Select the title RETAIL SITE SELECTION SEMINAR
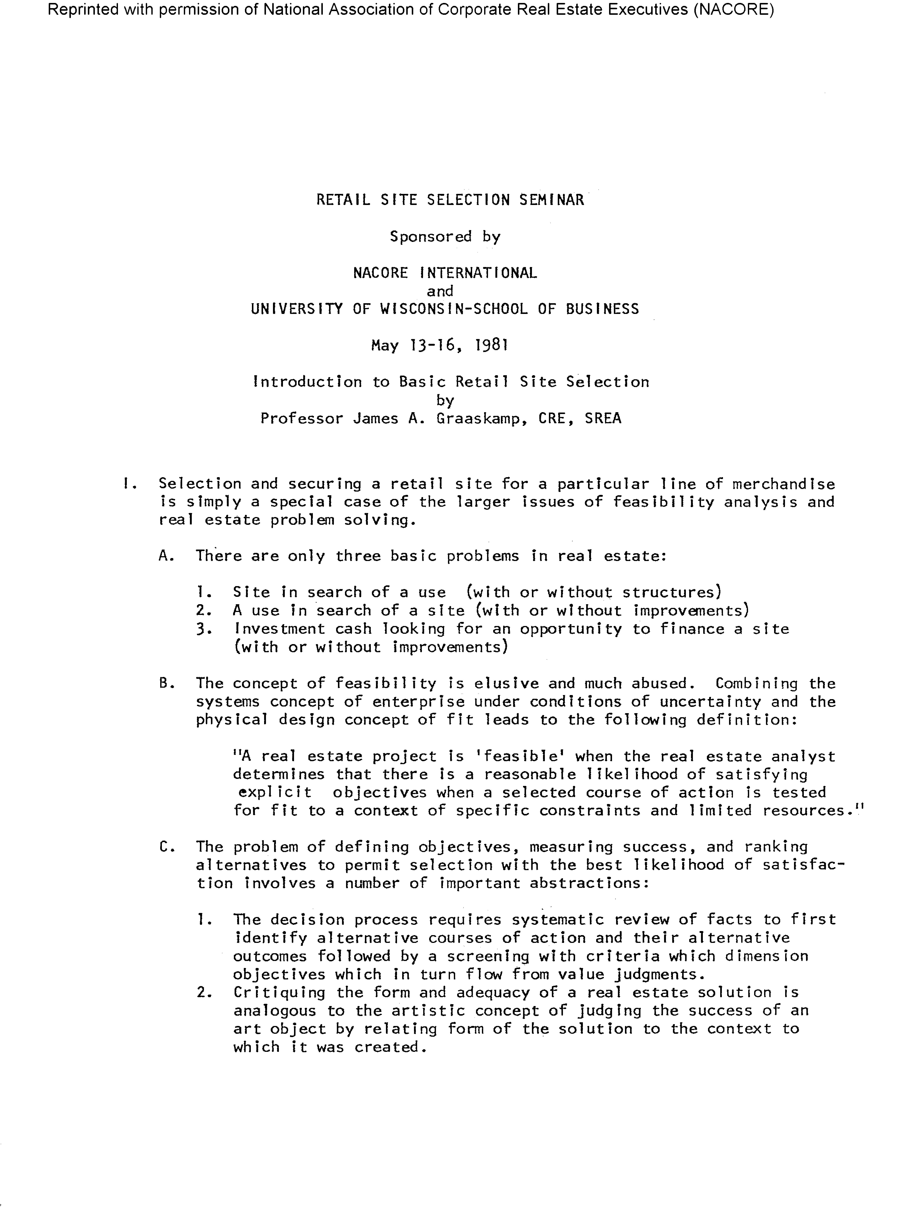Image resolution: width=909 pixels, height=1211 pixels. [x=450, y=200]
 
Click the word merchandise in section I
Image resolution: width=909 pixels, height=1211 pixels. [x=783, y=484]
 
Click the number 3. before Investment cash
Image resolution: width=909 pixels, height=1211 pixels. [x=204, y=629]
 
